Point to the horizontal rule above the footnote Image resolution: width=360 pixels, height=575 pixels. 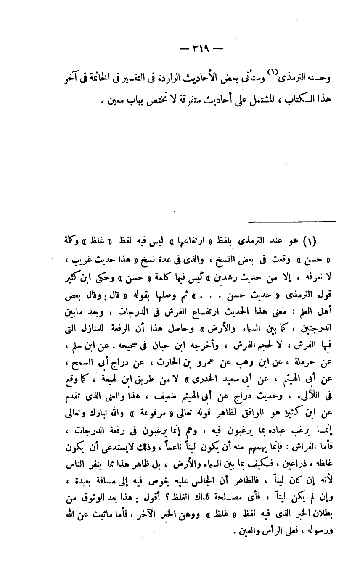(x=292, y=222)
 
